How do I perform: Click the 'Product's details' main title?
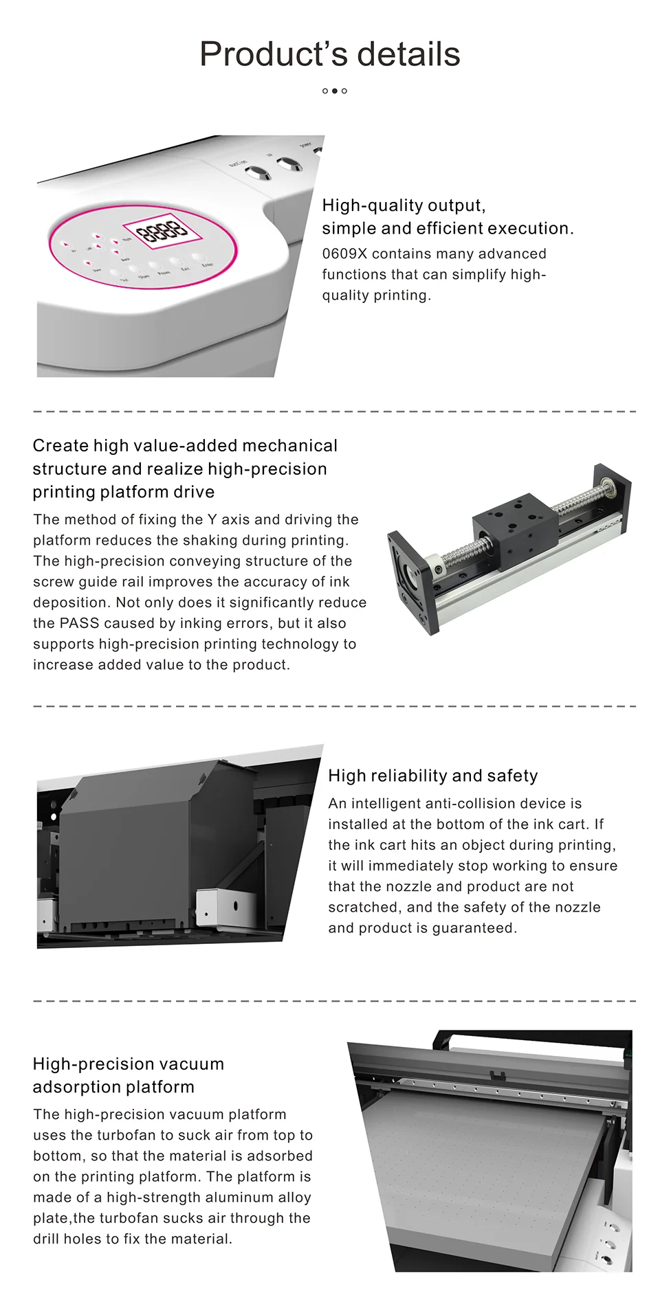(330, 54)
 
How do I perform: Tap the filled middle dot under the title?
(335, 91)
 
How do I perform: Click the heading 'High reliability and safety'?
(432, 776)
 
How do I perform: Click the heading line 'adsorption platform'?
(113, 1087)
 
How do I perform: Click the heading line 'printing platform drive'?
(123, 492)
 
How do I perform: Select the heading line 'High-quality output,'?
(404, 205)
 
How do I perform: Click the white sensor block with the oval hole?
(219, 906)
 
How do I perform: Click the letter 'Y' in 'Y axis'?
(212, 519)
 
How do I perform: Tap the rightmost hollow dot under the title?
(344, 91)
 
